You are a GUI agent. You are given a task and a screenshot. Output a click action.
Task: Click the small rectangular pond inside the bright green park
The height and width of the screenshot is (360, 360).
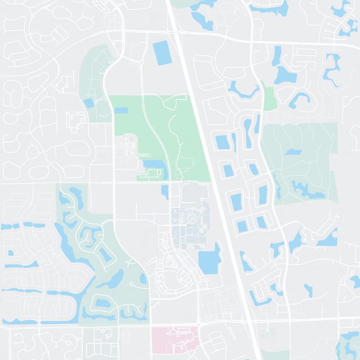pyautogui.click(x=121, y=110)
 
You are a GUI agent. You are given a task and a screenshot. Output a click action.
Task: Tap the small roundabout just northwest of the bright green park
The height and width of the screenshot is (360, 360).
pyautogui.click(x=141, y=62)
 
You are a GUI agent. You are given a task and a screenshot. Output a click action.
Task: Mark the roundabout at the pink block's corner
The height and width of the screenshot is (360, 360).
pyautogui.click(x=198, y=324)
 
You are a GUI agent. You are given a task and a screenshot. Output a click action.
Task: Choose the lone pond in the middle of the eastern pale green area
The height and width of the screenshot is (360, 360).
pyautogui.click(x=293, y=152)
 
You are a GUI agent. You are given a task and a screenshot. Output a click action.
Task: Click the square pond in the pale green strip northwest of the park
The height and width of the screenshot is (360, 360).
pyautogui.click(x=89, y=103)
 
